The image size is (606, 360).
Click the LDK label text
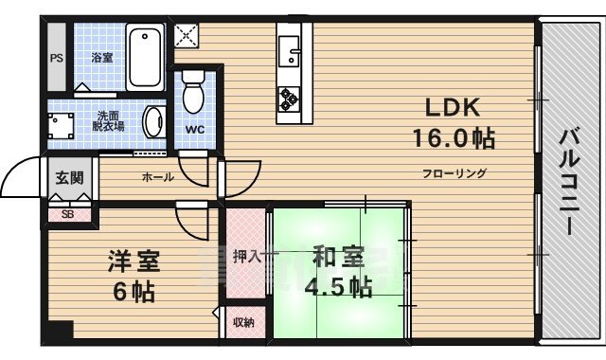[x=451, y=106]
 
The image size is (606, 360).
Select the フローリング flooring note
[x=454, y=173]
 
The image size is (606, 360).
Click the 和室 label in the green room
[x=338, y=256]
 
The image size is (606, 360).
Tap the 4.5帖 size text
[x=337, y=287]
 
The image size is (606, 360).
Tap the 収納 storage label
[x=243, y=322]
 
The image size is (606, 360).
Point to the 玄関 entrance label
[x=67, y=177]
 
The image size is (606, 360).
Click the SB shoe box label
[x=67, y=214]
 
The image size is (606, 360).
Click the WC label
[x=195, y=130]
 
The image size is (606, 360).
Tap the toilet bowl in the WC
[x=194, y=93]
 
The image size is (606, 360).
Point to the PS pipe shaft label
[x=57, y=57]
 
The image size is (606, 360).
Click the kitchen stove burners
[x=289, y=96]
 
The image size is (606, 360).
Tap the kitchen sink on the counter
[x=290, y=46]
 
